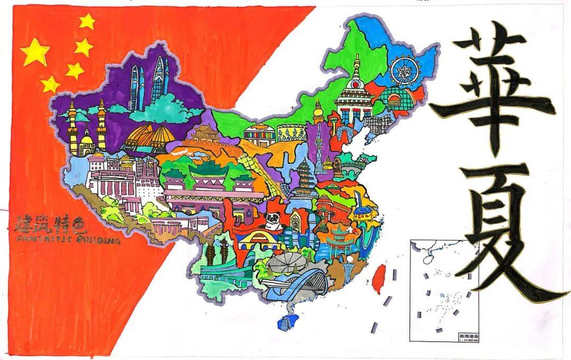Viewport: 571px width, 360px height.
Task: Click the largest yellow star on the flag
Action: pos(35,52)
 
